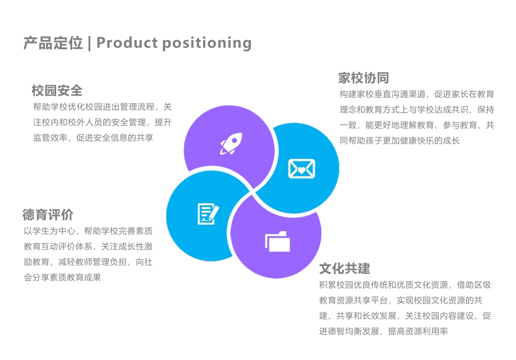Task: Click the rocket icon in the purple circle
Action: tap(230, 144)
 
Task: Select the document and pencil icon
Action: tap(208, 214)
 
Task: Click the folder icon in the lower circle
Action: tap(278, 241)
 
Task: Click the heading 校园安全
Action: tap(57, 91)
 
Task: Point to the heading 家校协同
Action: tap(363, 78)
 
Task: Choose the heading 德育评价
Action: tap(48, 215)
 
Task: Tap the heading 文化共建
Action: tap(345, 268)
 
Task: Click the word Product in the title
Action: tap(127, 43)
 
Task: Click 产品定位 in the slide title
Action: tap(53, 43)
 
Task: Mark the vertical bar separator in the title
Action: tap(89, 43)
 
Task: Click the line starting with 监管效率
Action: tap(93, 138)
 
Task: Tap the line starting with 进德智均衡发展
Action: tap(383, 331)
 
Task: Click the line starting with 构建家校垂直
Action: tap(416, 94)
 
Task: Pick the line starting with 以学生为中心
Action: tap(88, 231)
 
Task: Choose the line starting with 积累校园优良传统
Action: tap(405, 285)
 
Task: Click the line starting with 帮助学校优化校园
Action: tap(102, 107)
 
